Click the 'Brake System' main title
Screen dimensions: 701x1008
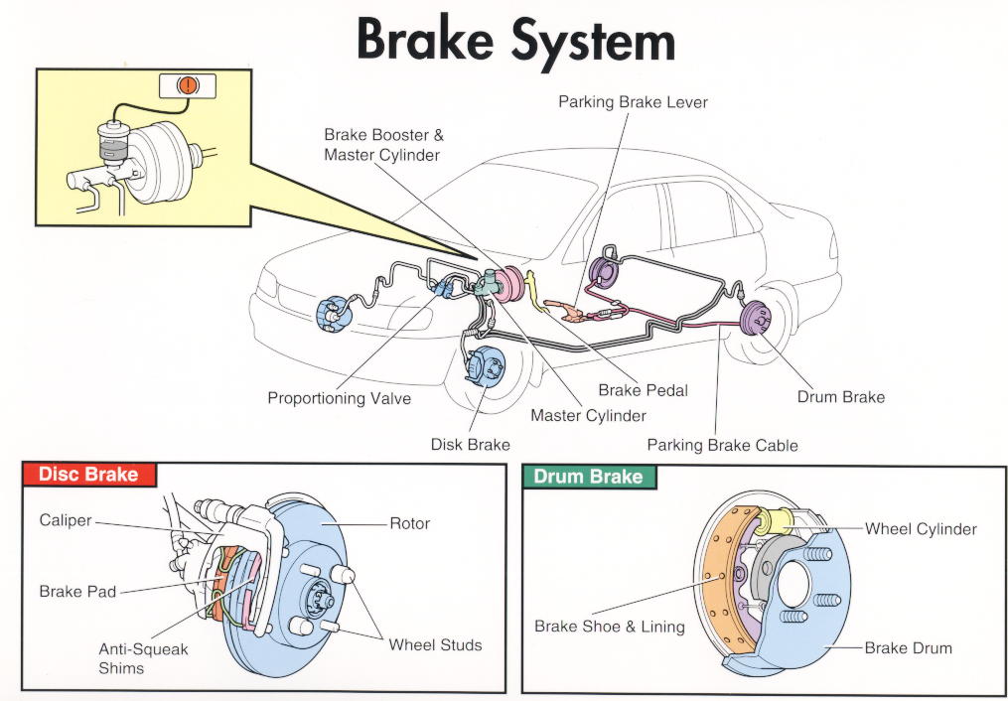coord(515,42)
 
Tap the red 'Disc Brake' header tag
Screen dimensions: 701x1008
coord(88,475)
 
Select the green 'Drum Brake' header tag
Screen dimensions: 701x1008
coord(588,477)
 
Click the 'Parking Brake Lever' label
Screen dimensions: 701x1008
coord(633,102)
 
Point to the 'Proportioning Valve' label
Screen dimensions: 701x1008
coord(339,398)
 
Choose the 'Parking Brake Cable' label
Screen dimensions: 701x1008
coord(722,445)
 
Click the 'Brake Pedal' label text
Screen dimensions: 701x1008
coord(643,390)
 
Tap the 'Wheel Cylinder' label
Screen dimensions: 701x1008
coord(921,528)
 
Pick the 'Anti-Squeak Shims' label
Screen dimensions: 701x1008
coord(143,658)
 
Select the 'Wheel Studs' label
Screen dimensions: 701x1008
coord(435,644)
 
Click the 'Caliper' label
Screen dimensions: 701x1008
coord(66,519)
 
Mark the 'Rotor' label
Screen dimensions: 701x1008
coord(409,522)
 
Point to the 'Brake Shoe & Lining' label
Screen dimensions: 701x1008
coord(609,627)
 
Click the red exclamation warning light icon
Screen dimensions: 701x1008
coord(187,86)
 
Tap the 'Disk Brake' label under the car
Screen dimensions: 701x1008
coord(470,444)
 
